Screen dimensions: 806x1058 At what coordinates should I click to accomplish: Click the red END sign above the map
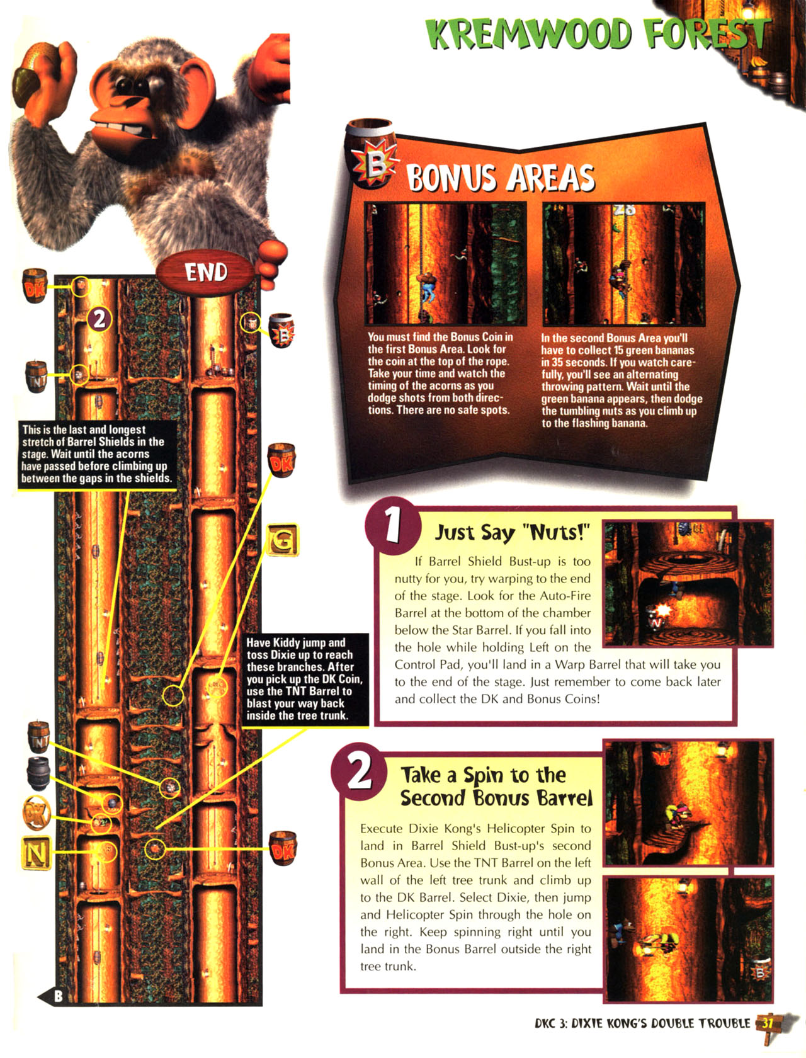pos(205,273)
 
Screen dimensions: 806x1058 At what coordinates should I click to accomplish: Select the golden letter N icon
pos(36,853)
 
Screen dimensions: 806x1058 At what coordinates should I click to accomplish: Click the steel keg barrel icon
pos(38,773)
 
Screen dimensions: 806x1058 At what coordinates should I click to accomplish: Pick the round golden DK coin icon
pos(37,813)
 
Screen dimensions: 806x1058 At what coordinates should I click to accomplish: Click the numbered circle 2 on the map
pos(99,319)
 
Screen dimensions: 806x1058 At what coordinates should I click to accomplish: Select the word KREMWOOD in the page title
pos(529,34)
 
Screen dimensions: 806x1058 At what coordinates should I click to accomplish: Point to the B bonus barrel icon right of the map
pos(282,331)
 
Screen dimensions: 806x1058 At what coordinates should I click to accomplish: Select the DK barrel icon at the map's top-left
pos(35,286)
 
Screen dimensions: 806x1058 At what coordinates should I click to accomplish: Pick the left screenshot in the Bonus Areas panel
pos(445,264)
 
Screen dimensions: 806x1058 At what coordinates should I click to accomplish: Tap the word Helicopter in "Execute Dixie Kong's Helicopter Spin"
pos(515,829)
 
